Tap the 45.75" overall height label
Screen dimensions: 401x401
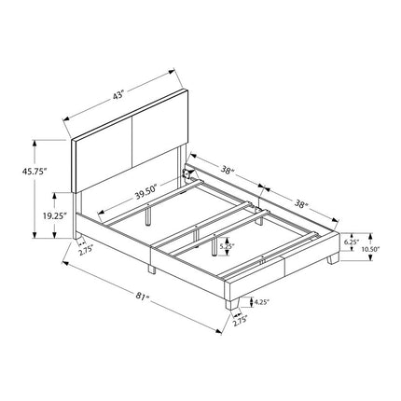click(35, 171)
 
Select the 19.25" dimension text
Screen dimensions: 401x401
click(55, 215)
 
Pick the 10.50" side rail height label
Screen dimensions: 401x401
click(371, 249)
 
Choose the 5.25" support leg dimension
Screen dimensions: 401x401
click(227, 246)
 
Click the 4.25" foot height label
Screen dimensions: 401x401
click(261, 301)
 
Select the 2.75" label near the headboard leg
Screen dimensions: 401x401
click(86, 251)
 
